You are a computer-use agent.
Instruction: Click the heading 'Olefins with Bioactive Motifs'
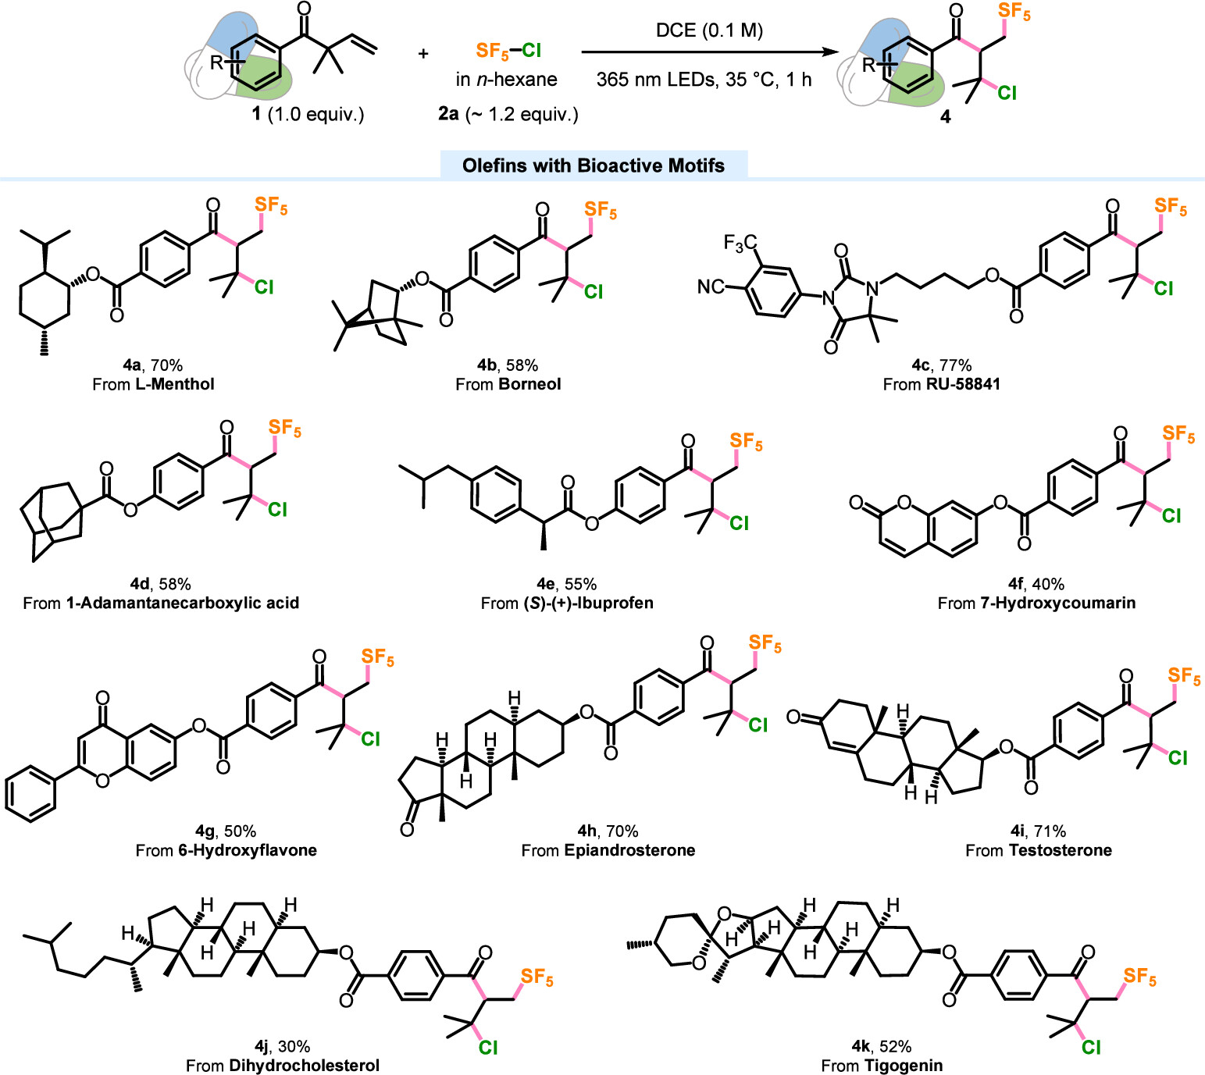594,166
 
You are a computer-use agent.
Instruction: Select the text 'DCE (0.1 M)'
709,30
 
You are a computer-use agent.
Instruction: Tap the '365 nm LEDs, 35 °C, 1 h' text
704,80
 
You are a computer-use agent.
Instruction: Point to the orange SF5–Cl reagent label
508,51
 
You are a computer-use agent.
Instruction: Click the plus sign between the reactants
423,54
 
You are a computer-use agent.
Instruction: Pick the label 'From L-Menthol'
153,384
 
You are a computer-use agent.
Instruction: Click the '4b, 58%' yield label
508,365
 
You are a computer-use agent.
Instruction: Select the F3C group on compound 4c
740,244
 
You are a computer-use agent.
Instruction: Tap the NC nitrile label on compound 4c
710,287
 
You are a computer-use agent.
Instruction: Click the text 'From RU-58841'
941,384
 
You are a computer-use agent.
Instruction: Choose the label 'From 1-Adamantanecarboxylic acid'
161,603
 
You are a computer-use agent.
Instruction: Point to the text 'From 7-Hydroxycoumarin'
1036,603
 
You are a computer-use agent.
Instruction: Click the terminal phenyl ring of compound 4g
30,796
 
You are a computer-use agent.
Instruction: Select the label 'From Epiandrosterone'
608,850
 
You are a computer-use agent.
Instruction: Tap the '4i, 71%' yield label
1038,831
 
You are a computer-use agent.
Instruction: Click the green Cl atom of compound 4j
488,1048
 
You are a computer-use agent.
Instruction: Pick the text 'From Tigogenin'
882,1066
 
